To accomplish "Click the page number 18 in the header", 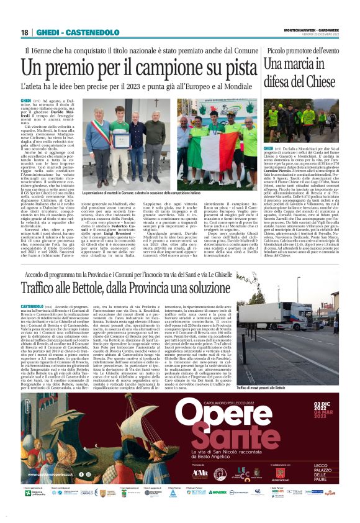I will [24, 32].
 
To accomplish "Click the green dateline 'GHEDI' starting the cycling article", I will [25, 100].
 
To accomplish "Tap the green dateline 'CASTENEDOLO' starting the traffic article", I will [32, 306].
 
